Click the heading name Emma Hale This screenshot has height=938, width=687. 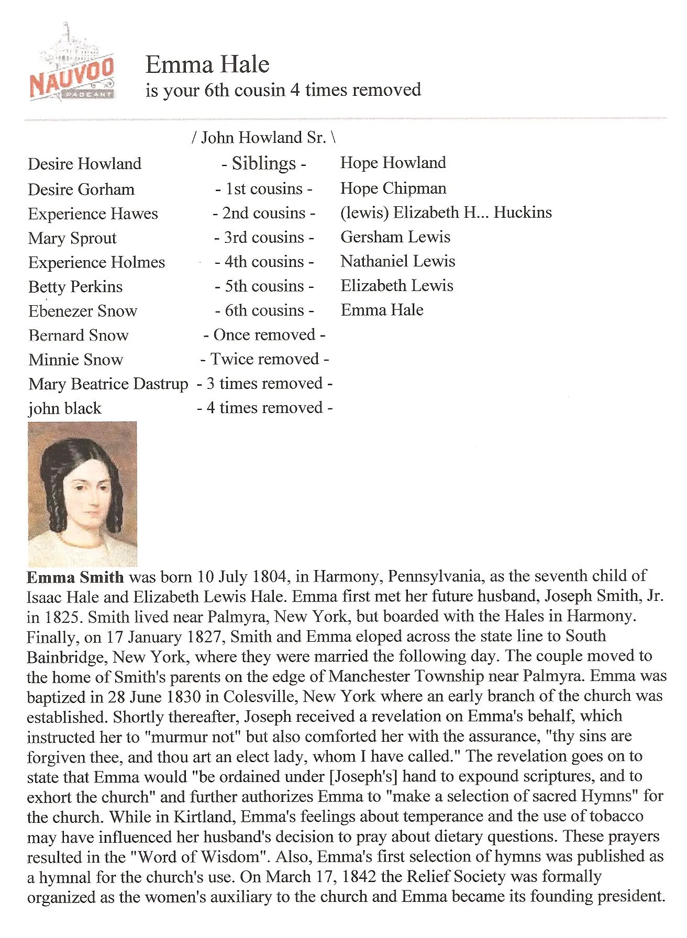(207, 65)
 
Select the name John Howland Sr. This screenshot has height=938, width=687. (263, 138)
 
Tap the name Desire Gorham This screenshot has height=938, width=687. (81, 189)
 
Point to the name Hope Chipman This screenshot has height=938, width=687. (393, 188)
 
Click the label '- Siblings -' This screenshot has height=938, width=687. (263, 163)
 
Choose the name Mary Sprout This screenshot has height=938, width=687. (72, 238)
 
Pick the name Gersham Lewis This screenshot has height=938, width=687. (395, 237)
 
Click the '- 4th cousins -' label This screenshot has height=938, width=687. (264, 262)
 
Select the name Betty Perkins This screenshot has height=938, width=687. (75, 287)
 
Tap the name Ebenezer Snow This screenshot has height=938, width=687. (83, 311)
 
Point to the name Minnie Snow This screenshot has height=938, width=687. (76, 360)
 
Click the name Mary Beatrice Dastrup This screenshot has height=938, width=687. (108, 384)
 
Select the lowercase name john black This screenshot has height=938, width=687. (65, 408)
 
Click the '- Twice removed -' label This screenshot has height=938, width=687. (264, 359)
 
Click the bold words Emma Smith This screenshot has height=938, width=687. (75, 577)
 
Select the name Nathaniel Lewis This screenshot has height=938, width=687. (398, 261)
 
